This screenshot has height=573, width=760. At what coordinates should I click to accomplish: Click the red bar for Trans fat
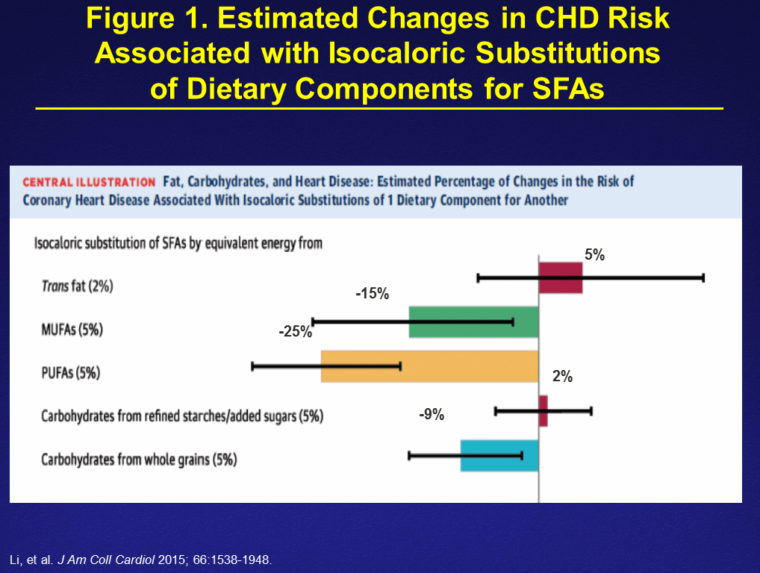point(561,278)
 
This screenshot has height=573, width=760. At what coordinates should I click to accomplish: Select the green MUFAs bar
point(473,322)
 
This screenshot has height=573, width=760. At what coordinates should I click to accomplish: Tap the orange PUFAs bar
point(429,366)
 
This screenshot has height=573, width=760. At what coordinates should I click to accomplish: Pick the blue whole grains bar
point(499,455)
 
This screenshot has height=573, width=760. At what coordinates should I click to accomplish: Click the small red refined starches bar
point(543,411)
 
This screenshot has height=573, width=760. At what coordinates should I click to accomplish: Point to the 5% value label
point(594,255)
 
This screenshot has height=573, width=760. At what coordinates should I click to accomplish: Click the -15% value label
point(372,294)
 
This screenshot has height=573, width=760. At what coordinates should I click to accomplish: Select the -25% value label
point(295,331)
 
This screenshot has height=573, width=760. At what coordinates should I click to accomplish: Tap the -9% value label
point(432,415)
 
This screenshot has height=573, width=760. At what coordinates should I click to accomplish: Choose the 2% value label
point(562,377)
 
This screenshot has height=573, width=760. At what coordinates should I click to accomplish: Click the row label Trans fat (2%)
point(77,286)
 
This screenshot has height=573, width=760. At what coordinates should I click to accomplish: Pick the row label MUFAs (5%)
point(72,329)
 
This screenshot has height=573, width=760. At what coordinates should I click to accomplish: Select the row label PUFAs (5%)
point(70,372)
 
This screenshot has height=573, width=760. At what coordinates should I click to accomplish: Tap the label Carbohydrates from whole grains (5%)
point(139,460)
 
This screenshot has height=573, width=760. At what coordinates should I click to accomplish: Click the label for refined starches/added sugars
point(182,416)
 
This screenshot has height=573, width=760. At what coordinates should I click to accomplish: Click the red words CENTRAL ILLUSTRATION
point(89,182)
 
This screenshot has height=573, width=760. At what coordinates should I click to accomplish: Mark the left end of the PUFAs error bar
point(253,366)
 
